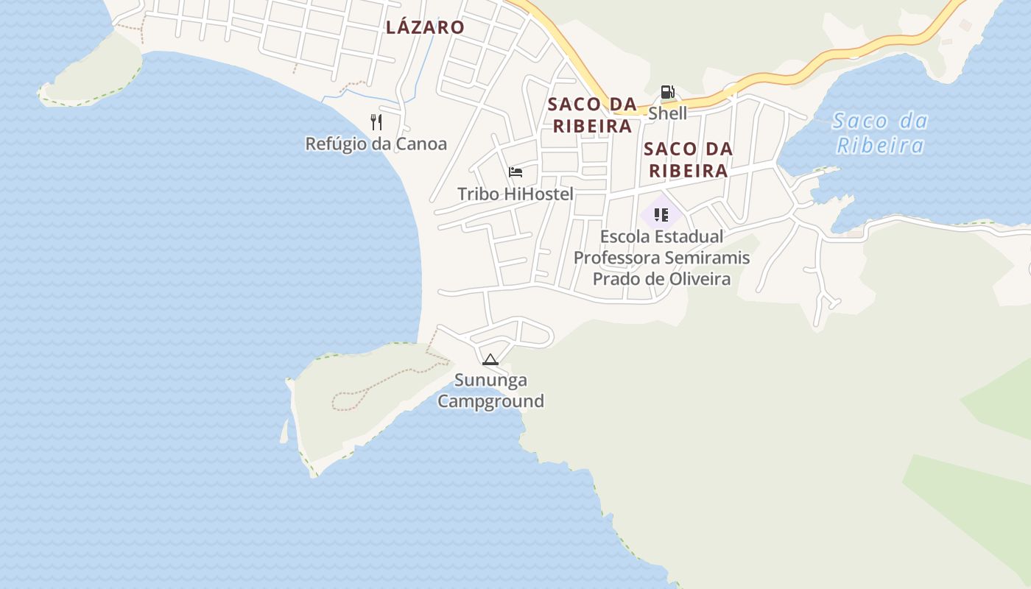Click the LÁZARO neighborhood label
[425, 27]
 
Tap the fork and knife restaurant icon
[376, 121]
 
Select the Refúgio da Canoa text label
[376, 144]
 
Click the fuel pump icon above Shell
[667, 92]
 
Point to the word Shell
[667, 113]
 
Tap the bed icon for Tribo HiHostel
[515, 172]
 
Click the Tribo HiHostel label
[515, 194]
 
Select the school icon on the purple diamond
[661, 215]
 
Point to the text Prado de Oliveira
[661, 279]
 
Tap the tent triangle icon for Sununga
[490, 359]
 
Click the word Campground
[490, 401]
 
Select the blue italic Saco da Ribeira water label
[880, 133]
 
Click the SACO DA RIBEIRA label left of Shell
[592, 115]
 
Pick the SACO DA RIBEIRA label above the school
[688, 160]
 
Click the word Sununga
[490, 380]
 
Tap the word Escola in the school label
[625, 236]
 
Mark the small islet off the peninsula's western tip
[285, 433]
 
